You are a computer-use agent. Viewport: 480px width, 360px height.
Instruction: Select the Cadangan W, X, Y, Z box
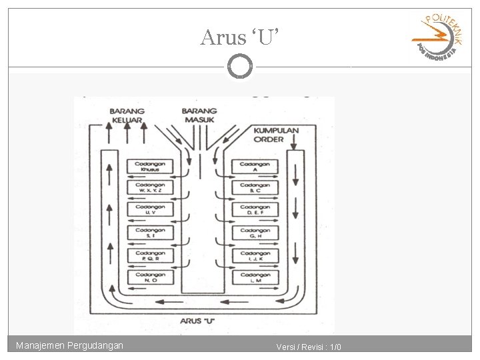click(x=151, y=188)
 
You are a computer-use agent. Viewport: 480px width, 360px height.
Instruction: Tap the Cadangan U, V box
click(x=151, y=210)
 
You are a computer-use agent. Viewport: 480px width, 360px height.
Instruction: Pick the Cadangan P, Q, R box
click(x=151, y=256)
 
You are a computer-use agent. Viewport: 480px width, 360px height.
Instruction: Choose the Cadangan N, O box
click(x=151, y=278)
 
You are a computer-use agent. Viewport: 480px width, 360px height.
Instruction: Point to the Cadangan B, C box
click(x=255, y=188)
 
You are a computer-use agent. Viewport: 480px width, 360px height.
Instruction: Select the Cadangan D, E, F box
click(x=255, y=210)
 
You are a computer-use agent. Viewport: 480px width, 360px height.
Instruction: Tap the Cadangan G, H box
click(x=255, y=233)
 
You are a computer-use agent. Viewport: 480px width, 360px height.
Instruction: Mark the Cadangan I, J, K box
click(x=255, y=256)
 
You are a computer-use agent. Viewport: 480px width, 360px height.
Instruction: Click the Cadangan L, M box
click(x=255, y=278)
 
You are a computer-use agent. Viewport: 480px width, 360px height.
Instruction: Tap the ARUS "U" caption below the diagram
click(x=198, y=321)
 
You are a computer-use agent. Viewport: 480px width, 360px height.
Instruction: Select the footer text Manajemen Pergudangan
click(x=70, y=345)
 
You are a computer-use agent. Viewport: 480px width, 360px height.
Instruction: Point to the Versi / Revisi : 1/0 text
click(x=309, y=347)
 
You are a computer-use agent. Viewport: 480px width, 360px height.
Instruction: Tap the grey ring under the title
click(x=240, y=66)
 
